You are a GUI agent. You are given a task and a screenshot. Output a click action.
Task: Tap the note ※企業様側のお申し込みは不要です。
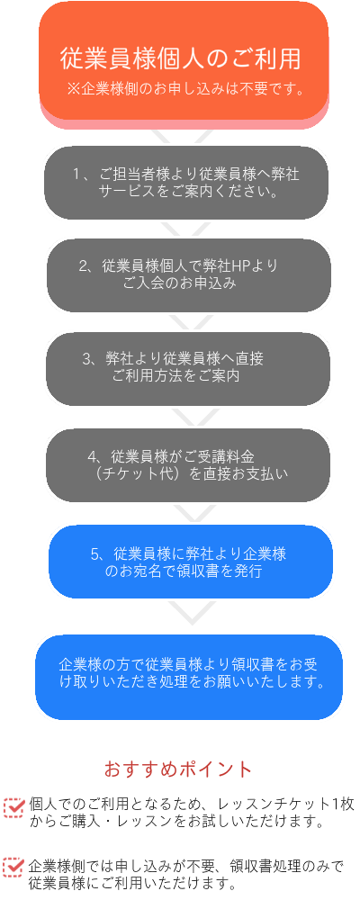184,89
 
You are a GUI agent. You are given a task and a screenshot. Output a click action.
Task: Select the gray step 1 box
186,183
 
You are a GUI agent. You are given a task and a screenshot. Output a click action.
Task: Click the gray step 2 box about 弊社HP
188,275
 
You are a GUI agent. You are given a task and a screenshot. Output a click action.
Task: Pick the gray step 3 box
188,368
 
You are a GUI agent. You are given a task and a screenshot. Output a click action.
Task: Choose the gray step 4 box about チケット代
188,465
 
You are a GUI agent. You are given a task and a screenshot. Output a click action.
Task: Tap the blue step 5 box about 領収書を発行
191,562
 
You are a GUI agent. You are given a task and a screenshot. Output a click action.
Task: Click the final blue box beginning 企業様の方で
189,677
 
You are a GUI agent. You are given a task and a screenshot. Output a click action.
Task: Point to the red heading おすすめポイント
178,769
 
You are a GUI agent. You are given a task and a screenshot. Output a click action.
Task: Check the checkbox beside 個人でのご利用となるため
13,806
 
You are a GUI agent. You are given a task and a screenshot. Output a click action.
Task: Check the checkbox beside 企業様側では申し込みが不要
13,866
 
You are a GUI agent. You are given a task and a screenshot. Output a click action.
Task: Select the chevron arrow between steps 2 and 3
187,322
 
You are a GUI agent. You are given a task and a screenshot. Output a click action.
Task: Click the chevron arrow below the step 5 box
192,612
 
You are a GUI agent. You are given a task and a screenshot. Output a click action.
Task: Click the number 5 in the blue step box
94,553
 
